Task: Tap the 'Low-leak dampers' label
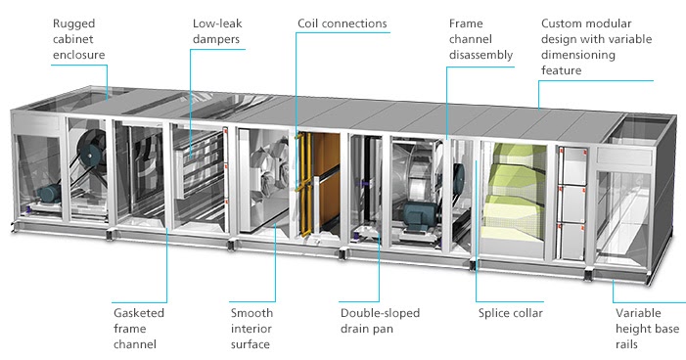pyautogui.click(x=216, y=30)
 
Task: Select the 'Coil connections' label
pyautogui.click(x=342, y=22)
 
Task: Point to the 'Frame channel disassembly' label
pyautogui.click(x=480, y=38)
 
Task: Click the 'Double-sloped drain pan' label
pyautogui.click(x=380, y=320)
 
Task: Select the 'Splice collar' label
pyautogui.click(x=510, y=313)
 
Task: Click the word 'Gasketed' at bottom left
pyautogui.click(x=138, y=312)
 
